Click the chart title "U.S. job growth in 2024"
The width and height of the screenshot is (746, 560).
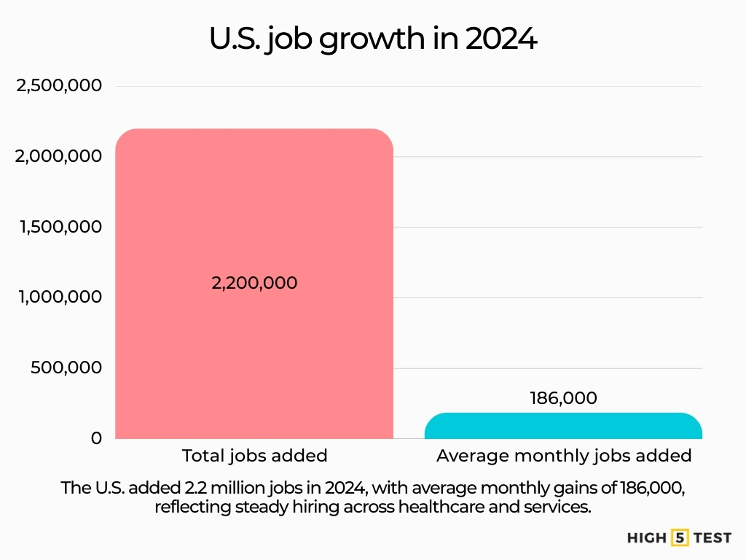point(373,39)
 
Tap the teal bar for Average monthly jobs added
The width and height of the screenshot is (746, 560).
point(563,426)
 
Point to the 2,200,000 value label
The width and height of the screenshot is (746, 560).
point(254,283)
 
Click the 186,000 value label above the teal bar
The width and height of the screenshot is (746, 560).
point(563,398)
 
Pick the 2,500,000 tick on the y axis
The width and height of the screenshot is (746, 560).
point(59,86)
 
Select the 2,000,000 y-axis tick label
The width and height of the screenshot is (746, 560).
point(59,157)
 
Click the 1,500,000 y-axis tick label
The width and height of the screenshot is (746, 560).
point(60,227)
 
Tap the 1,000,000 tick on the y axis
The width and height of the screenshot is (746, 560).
point(60,297)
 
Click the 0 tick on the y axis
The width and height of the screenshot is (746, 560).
point(96,438)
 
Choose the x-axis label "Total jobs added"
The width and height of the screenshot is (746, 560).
point(254,456)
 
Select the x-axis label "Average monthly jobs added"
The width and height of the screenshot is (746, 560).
point(563,456)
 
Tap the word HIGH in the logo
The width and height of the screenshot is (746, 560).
point(647,538)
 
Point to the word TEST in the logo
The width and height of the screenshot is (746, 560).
point(712,538)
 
